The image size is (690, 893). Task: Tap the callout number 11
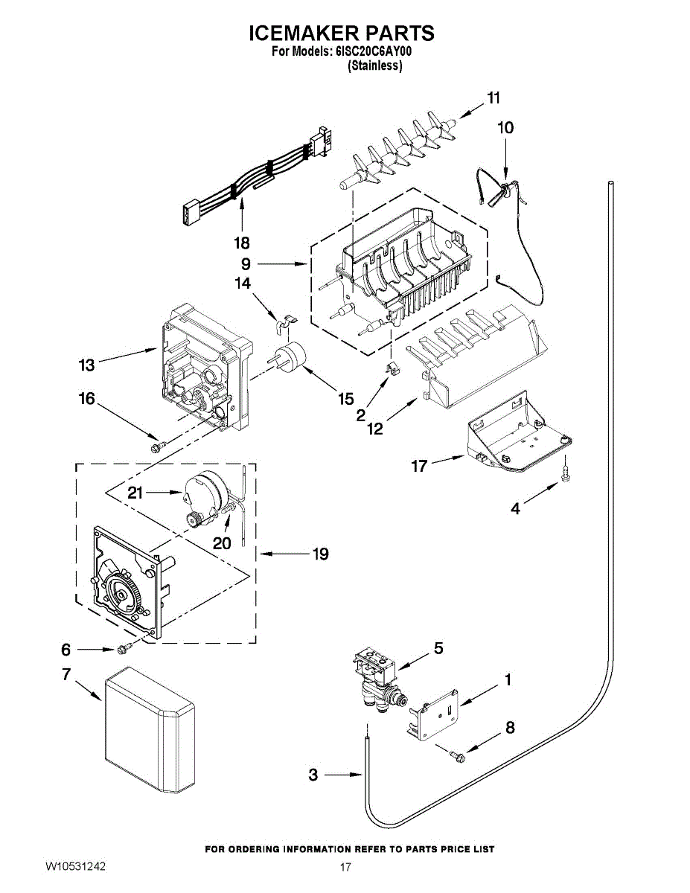click(493, 97)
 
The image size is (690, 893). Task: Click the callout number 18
click(241, 243)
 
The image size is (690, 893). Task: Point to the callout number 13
click(87, 365)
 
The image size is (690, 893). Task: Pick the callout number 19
click(320, 554)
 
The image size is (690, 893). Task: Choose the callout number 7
click(66, 674)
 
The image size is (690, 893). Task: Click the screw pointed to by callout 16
click(157, 446)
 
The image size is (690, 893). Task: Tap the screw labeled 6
click(123, 649)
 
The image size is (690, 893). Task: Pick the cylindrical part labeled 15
click(291, 356)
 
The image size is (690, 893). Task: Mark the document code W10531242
click(75, 866)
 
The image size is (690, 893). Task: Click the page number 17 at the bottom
click(345, 867)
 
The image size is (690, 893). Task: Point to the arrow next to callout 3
click(344, 775)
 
